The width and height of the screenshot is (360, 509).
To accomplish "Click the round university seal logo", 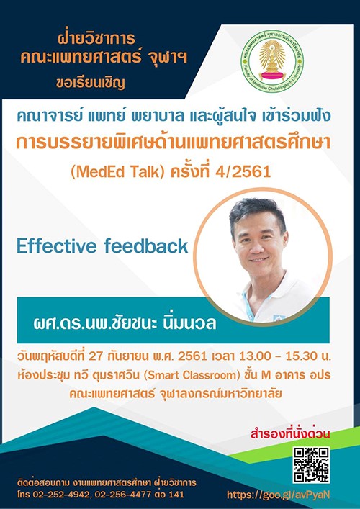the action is click(272, 60).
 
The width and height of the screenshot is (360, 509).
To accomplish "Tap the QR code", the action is click(311, 464).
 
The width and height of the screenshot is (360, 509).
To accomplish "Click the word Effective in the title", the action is click(57, 246).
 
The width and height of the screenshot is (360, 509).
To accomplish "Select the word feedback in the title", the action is click(146, 246).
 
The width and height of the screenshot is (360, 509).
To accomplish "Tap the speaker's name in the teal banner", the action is click(125, 324).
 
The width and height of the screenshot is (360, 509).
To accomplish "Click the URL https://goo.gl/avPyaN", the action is click(278, 495).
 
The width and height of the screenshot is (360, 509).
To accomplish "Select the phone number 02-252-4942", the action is click(60, 495).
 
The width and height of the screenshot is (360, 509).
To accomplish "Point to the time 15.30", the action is click(305, 356).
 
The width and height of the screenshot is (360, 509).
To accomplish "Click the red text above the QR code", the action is click(290, 434).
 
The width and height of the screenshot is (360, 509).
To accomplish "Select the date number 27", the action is click(112, 356).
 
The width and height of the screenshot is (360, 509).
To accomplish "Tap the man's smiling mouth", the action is click(260, 260).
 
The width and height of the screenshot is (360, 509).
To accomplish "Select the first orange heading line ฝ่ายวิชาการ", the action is click(96, 40).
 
